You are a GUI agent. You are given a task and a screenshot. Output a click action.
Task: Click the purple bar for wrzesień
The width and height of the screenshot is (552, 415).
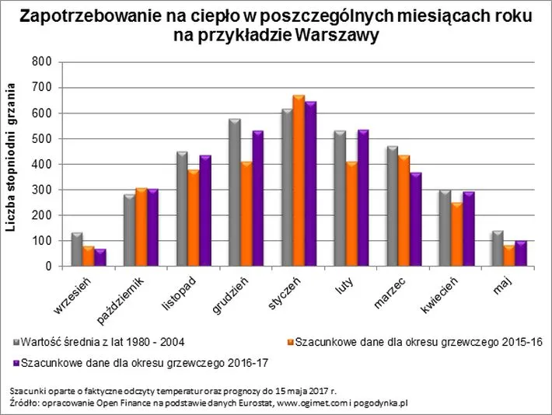[100, 258]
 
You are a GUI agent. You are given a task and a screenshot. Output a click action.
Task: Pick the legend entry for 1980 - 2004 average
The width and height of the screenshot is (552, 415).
[103, 342]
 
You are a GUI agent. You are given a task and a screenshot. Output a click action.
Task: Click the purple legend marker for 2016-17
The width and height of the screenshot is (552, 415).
[15, 362]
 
